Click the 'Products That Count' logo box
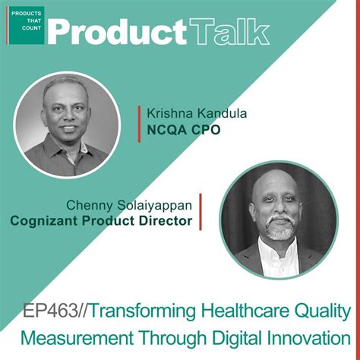[26, 25]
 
